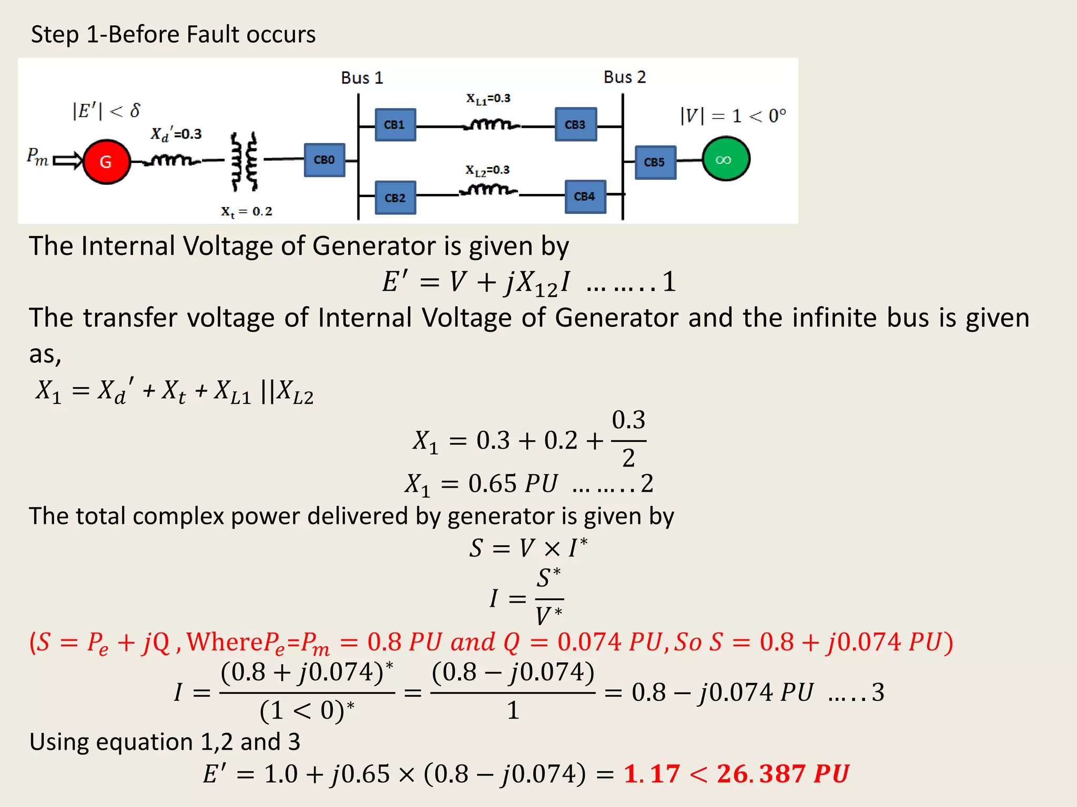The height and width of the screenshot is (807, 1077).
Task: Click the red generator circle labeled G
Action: (106, 161)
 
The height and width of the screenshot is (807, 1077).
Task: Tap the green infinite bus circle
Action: (726, 159)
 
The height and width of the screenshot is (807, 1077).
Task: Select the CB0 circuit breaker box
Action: (324, 160)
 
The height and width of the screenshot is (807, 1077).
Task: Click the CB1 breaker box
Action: (395, 125)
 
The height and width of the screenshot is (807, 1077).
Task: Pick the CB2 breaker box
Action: (395, 198)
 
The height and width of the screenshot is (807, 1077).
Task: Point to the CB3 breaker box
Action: (575, 125)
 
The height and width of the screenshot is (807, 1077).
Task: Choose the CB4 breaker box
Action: (585, 196)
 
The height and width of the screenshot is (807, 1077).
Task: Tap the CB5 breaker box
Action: (655, 162)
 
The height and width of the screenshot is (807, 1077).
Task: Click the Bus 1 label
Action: (362, 78)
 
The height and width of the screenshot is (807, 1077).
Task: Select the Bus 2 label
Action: (624, 77)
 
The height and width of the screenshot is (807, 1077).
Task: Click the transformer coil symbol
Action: (245, 161)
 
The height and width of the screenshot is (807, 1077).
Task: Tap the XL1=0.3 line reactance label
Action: (488, 99)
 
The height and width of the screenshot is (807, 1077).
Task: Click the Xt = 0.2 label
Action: (246, 212)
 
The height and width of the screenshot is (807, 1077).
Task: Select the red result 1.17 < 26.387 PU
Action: (736, 774)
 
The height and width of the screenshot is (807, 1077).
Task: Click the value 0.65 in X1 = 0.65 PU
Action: (492, 483)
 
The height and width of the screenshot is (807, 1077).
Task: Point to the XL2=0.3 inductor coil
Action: (488, 190)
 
